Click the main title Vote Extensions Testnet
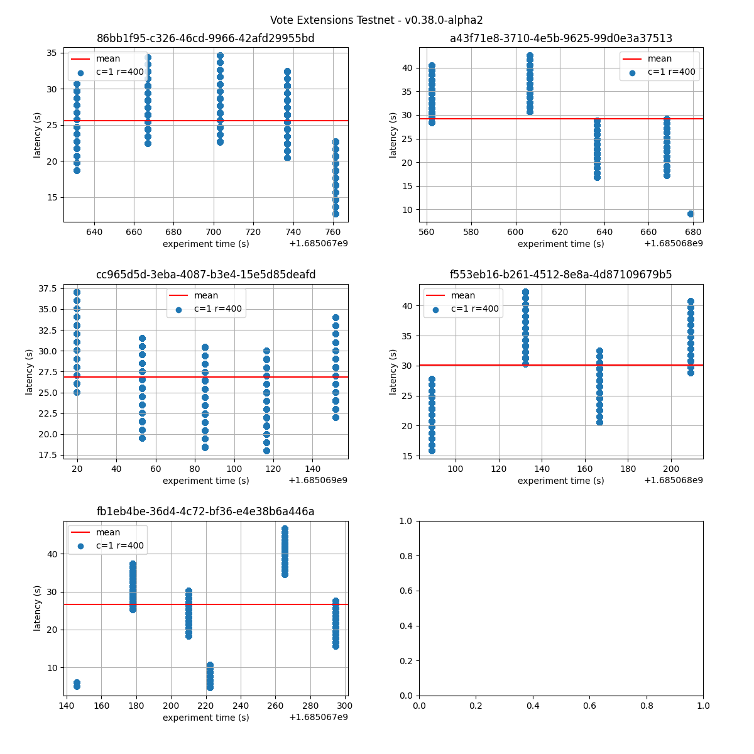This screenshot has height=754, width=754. pyautogui.click(x=376, y=20)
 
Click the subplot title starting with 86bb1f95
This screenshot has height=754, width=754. pyautogui.click(x=205, y=38)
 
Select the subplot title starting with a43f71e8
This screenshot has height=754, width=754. pyautogui.click(x=560, y=38)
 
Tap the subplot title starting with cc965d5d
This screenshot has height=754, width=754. pyautogui.click(x=205, y=275)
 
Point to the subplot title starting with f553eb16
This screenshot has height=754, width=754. pyautogui.click(x=560, y=275)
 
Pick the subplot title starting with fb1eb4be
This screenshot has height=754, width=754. pyautogui.click(x=205, y=511)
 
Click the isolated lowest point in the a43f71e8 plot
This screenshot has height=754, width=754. pyautogui.click(x=691, y=214)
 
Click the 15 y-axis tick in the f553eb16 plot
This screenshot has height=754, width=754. pyautogui.click(x=408, y=456)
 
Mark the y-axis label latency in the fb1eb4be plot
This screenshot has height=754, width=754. pyautogui.click(x=38, y=608)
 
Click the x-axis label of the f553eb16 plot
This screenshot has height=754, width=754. pyautogui.click(x=560, y=481)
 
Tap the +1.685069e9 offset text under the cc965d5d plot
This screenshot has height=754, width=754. pyautogui.click(x=318, y=481)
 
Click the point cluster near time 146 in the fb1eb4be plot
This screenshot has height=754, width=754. pyautogui.click(x=77, y=684)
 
